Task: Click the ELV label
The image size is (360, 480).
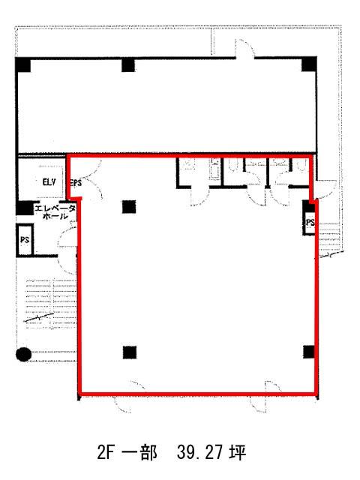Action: pos(49,182)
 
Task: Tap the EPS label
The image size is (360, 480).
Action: pos(76,183)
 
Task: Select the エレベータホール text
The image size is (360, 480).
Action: pos(55,212)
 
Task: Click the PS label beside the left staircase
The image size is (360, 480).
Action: pos(25,239)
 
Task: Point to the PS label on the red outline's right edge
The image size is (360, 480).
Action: pos(310,222)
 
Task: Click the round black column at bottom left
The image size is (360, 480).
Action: pos(23,354)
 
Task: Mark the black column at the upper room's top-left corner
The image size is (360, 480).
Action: pos(23,64)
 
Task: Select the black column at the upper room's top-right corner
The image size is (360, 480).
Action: pos(309,64)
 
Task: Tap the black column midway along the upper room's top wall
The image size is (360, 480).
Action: pos(128,65)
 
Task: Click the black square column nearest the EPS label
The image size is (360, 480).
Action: pos(129,207)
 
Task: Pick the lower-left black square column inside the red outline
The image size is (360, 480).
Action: pos(130,352)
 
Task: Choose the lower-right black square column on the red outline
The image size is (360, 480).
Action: pos(309,352)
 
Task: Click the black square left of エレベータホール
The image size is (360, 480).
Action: pos(25,208)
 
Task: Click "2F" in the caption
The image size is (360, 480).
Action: pos(106,452)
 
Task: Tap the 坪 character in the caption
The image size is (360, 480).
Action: pos(237,452)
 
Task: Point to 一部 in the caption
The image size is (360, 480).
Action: pos(139,452)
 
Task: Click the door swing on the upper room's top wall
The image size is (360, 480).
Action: pos(244,49)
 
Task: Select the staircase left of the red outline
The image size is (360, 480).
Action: pos(50,304)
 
